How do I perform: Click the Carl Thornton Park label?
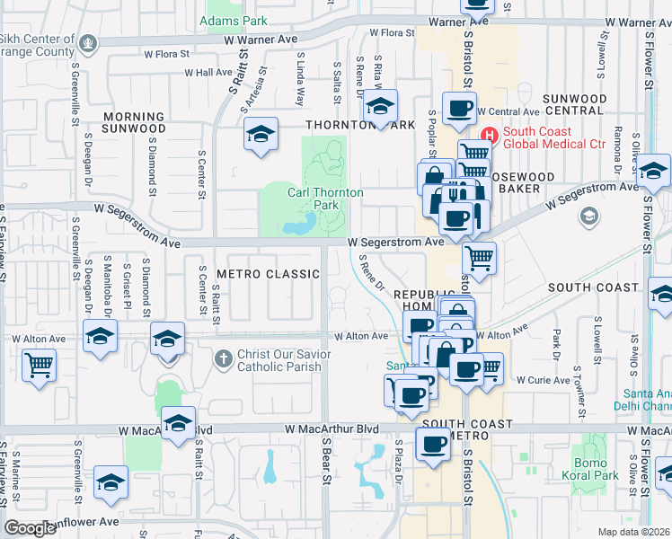(324, 199)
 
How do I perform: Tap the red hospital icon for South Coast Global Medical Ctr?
(490, 135)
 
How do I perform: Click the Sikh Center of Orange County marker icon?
(88, 41)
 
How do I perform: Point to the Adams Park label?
(221, 20)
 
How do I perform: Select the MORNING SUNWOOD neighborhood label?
(133, 122)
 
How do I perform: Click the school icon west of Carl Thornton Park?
(261, 135)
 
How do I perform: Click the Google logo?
(31, 527)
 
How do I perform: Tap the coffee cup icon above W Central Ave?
(460, 109)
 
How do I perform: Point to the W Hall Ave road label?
(208, 73)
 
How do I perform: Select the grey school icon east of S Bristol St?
(590, 216)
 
